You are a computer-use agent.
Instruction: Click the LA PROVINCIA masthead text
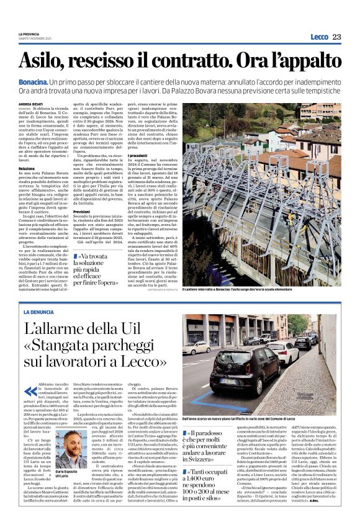(30, 34)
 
